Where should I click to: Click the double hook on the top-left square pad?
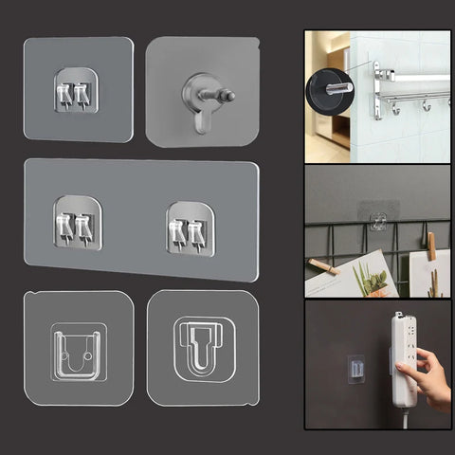tap(77, 90)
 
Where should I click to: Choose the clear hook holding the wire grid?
tap(378, 217)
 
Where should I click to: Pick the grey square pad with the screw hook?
tap(202, 90)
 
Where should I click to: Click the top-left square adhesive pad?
tap(78, 89)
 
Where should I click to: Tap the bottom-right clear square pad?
tap(203, 347)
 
